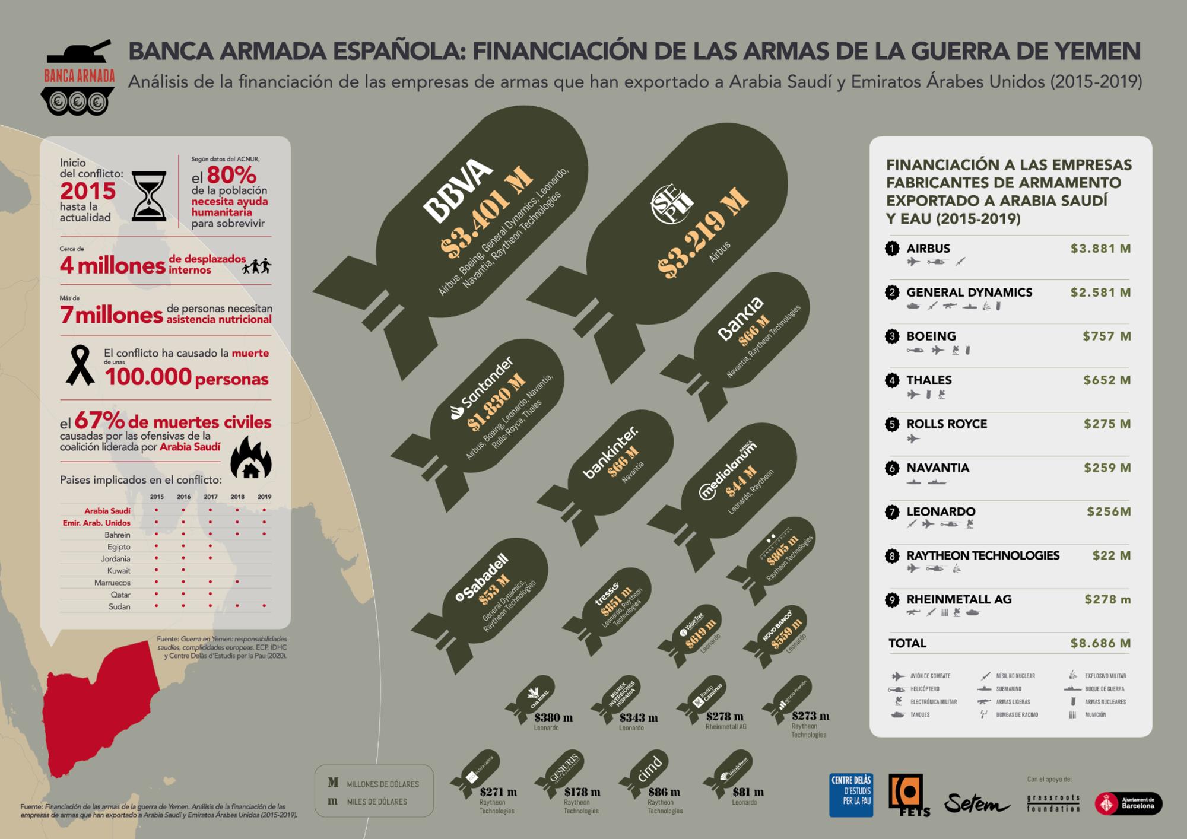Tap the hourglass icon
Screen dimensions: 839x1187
click(149, 196)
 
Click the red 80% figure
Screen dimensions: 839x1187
click(231, 175)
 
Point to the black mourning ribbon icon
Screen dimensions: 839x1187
click(80, 366)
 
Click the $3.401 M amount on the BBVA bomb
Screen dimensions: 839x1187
click(486, 215)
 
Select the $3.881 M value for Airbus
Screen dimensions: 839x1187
click(1100, 249)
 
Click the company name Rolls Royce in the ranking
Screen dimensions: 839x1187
click(947, 424)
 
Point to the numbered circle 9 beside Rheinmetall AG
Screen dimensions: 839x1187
click(892, 600)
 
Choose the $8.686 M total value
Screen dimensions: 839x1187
click(1100, 643)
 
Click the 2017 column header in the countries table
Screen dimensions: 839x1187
click(210, 497)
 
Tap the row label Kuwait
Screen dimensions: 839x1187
click(119, 571)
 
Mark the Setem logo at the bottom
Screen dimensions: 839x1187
click(976, 803)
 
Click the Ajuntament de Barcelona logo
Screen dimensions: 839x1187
click(1128, 803)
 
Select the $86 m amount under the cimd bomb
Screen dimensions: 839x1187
click(664, 792)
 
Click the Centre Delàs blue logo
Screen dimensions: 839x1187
click(851, 795)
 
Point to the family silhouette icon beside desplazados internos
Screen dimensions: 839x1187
click(256, 266)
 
